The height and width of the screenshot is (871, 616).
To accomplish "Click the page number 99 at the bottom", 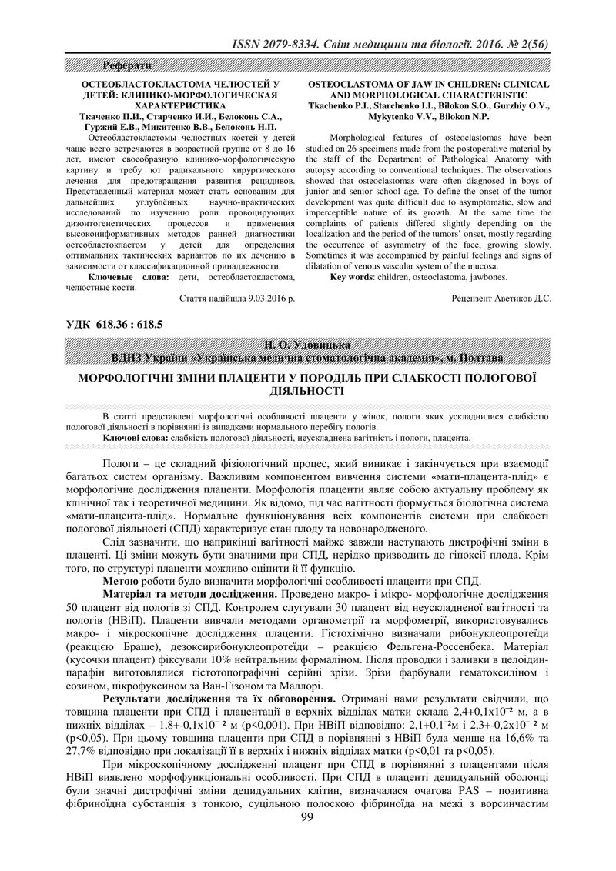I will pos(308,838).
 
